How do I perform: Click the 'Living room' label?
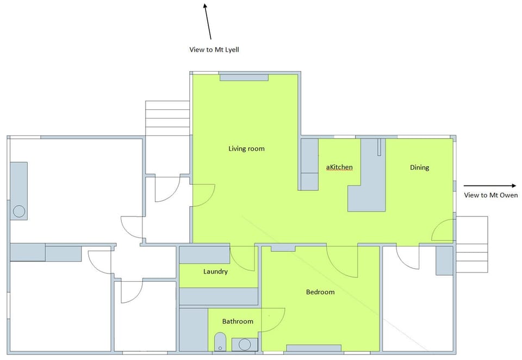pos(246,148)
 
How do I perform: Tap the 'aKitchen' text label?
pos(339,167)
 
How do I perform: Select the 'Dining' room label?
pos(419,167)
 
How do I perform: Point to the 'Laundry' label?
pos(215,271)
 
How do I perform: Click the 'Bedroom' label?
pos(320,292)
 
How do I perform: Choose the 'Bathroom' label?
pos(238,321)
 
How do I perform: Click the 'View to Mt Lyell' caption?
pos(214,49)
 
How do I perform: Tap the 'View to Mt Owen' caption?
pos(490,195)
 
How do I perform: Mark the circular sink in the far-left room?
pos(20,211)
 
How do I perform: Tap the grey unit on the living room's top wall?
pos(244,77)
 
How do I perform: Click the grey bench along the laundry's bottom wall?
pos(219,296)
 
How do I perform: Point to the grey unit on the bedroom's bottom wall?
pos(314,348)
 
